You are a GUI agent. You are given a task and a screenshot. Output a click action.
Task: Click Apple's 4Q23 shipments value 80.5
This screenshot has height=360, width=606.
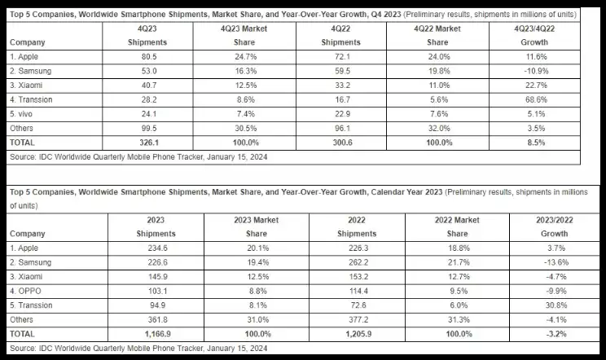(x=149, y=57)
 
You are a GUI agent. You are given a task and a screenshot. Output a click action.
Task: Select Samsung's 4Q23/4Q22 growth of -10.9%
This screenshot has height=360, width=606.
(x=536, y=71)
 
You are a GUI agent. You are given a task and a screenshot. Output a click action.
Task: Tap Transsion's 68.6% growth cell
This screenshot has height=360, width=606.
(x=536, y=99)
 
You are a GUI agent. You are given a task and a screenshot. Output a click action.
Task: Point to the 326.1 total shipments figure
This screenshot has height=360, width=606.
(x=149, y=143)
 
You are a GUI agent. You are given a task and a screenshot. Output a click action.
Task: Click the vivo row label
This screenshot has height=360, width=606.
(x=21, y=114)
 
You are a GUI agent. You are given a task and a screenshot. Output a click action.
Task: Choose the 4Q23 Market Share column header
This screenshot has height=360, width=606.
(x=244, y=36)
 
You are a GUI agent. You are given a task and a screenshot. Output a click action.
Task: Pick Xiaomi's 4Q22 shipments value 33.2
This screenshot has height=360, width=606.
(x=342, y=86)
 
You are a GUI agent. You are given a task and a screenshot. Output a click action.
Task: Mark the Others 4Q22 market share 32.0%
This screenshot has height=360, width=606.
(x=439, y=128)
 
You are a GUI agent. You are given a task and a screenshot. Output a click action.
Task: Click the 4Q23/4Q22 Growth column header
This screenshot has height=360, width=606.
(x=534, y=36)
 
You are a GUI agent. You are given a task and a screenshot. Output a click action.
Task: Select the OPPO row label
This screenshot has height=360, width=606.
(x=25, y=291)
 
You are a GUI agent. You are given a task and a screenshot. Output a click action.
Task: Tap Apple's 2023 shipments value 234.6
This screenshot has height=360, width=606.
(x=158, y=248)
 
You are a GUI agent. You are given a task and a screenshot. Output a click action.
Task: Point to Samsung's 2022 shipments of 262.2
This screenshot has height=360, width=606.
(x=358, y=262)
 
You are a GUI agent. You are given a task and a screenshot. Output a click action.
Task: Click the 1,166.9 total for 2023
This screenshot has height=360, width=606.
(x=158, y=334)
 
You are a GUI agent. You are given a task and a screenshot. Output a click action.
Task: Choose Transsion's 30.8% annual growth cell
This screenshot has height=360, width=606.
(x=556, y=305)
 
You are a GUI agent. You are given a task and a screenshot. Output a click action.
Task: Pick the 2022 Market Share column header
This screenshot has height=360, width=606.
(x=457, y=226)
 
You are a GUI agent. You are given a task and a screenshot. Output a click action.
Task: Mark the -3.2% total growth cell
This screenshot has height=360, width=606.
(x=556, y=334)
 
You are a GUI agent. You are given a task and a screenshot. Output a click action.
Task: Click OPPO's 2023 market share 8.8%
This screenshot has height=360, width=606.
(x=257, y=291)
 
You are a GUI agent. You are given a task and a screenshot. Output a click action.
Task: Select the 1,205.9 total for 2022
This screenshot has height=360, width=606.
(x=358, y=334)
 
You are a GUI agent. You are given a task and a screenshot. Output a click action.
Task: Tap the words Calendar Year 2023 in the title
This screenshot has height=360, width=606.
(x=406, y=192)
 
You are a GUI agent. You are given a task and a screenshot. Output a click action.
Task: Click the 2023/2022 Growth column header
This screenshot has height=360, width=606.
(x=554, y=226)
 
